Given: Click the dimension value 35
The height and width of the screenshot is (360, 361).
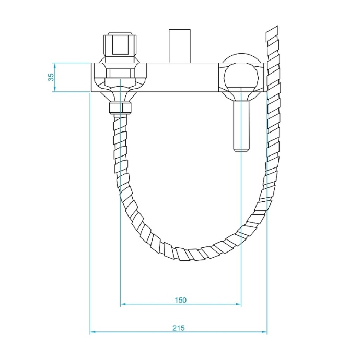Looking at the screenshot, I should tap(51, 77).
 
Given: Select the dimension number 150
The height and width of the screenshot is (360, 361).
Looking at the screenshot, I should tap(180, 299).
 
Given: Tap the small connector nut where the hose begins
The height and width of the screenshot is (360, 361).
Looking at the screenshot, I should tap(120, 109).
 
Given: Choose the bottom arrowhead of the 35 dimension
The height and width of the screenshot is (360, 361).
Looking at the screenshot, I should tap(54, 89).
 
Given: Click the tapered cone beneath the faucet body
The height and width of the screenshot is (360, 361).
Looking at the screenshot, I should tap(120, 95).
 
